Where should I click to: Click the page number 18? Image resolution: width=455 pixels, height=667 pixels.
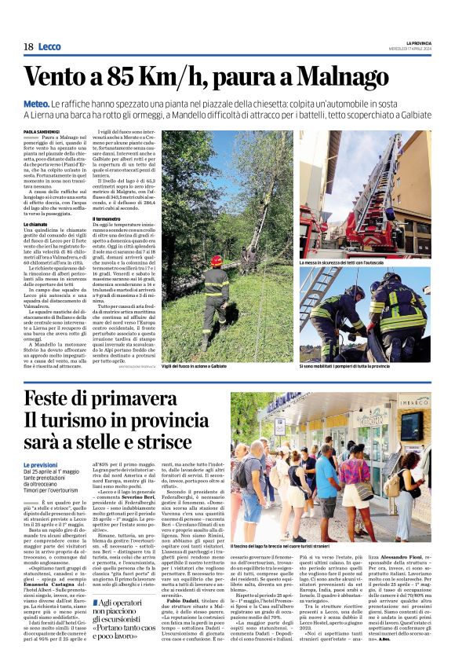pyautogui.click(x=28, y=47)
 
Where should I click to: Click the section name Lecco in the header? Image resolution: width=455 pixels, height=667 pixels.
pyautogui.click(x=49, y=47)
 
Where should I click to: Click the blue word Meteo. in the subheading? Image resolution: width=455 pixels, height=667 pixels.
pyautogui.click(x=37, y=104)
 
